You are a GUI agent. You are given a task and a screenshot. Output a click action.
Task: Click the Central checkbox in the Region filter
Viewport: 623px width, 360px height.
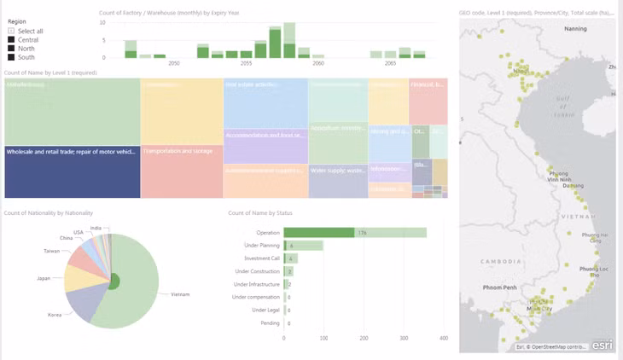point(10,39)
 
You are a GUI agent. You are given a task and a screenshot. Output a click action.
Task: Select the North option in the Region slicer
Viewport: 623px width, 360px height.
point(10,49)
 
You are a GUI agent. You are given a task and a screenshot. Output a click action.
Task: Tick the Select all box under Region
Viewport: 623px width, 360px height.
point(10,31)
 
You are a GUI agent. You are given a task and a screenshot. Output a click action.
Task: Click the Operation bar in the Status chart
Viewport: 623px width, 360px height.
point(354,232)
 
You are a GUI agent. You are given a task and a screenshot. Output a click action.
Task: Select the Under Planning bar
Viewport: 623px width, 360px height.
point(304,246)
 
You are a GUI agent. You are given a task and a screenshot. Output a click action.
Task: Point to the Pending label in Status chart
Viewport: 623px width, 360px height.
point(270,323)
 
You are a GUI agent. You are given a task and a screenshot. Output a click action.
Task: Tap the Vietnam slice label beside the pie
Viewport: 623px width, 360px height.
point(179,294)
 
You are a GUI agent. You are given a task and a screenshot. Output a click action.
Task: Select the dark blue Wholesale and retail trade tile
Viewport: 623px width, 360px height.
point(72,171)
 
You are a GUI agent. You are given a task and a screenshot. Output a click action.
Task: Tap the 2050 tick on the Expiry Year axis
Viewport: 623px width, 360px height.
point(174,64)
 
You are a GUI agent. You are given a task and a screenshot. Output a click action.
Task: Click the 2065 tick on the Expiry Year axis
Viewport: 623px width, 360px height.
point(390,64)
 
